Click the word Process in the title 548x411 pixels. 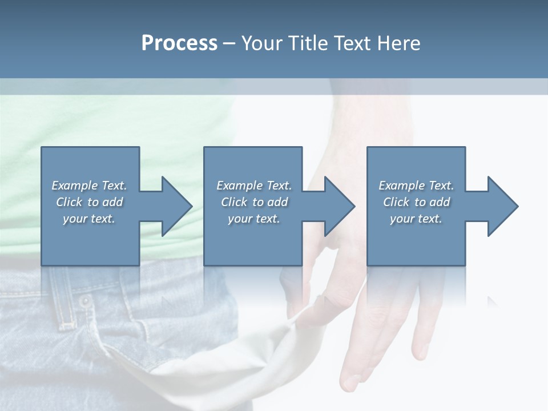[179, 43]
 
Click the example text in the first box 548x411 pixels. [90, 202]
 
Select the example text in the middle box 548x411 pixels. [253, 202]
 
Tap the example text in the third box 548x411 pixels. [416, 202]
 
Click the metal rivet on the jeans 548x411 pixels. [85, 301]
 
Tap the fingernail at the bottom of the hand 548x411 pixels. [349, 381]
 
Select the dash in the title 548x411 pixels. [229, 43]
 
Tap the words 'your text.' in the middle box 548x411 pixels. [253, 219]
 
